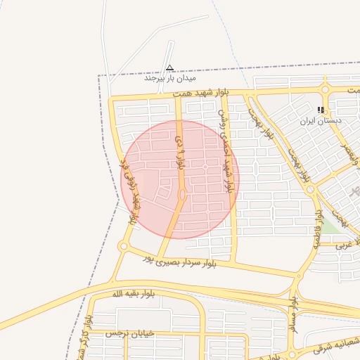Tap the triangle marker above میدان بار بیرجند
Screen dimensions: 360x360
point(169,68)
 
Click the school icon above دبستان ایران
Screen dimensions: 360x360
point(321,110)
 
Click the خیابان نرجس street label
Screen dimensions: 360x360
point(124,333)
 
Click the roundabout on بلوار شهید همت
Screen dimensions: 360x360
point(325,89)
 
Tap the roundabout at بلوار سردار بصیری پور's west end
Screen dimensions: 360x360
point(124,246)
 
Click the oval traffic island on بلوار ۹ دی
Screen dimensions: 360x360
point(182,194)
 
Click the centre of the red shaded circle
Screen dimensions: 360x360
point(180,179)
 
